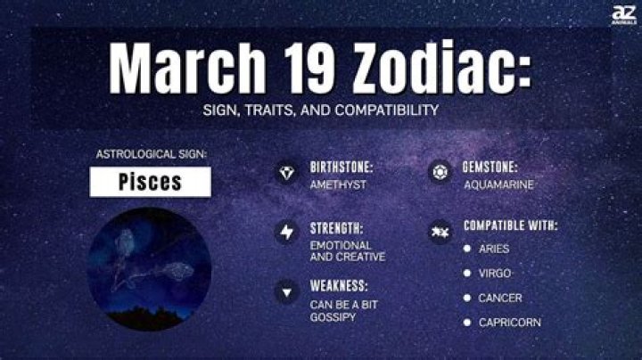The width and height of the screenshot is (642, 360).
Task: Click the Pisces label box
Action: click(150, 182)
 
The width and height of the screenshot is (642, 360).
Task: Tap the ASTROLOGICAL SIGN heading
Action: click(150, 154)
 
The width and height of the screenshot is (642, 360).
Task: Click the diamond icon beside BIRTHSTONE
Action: click(287, 173)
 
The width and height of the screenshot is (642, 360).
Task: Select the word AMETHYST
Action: click(337, 184)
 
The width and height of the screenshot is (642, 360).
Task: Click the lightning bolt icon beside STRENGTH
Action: click(287, 232)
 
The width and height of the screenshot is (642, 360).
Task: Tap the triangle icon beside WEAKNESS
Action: click(287, 291)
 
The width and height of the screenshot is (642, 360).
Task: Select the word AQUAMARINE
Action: click(498, 184)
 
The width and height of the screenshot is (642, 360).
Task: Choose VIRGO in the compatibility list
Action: click(495, 273)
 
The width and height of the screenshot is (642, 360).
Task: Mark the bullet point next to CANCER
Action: click(467, 298)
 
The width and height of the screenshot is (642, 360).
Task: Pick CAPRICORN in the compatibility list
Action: click(509, 322)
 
